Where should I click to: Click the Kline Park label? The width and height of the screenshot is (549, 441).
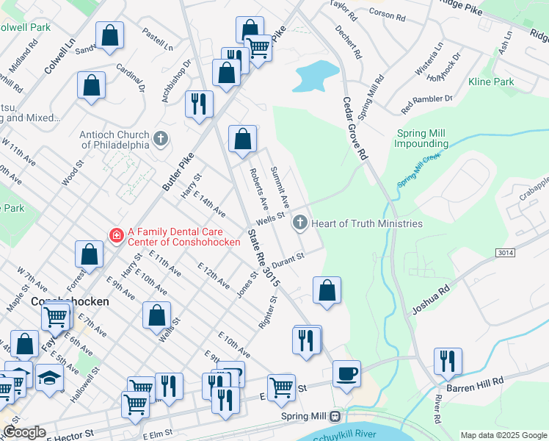(491, 82)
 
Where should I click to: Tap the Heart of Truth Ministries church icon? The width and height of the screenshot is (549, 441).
(299, 223)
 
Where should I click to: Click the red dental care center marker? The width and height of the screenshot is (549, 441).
(116, 235)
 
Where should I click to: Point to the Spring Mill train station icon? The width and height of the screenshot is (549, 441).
(335, 416)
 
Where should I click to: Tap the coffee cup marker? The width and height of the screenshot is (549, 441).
(346, 373)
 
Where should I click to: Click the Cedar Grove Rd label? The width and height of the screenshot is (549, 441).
(353, 129)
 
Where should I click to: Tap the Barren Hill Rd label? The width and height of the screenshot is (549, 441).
(477, 381)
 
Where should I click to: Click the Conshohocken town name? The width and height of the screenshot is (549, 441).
(70, 302)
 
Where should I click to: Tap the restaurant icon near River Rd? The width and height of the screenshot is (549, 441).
(448, 362)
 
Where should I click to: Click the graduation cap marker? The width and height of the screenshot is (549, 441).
(49, 377)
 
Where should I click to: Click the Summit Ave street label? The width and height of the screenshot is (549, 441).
(281, 195)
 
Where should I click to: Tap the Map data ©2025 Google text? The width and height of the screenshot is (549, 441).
(504, 435)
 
